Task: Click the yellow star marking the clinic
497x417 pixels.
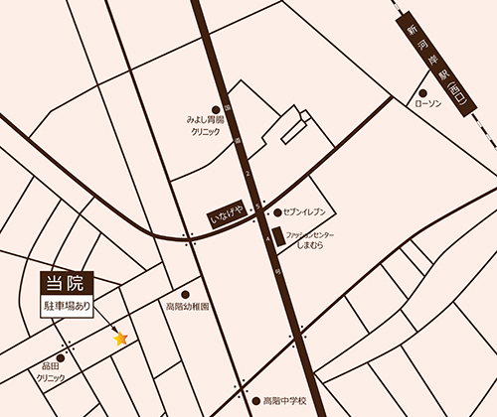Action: coord(121,339)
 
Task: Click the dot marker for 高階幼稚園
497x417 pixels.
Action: coord(185,294)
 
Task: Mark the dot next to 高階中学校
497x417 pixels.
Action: coord(255,401)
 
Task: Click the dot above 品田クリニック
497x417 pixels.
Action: coord(61,357)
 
